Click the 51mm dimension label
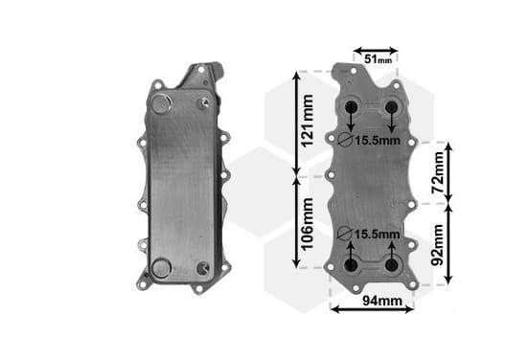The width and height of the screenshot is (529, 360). pos(379,59)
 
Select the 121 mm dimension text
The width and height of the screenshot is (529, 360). pos(308,121)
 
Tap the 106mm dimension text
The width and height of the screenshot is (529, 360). pos(308,224)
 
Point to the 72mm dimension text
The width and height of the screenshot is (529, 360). pos(438,172)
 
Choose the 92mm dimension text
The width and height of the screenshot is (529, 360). pos(438,245)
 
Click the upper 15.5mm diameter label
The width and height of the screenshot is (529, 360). pos(378,141)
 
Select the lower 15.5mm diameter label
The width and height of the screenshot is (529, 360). pos(378,235)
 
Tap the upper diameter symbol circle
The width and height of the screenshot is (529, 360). pos(345,140)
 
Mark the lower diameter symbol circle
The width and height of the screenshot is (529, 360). pos(345,234)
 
